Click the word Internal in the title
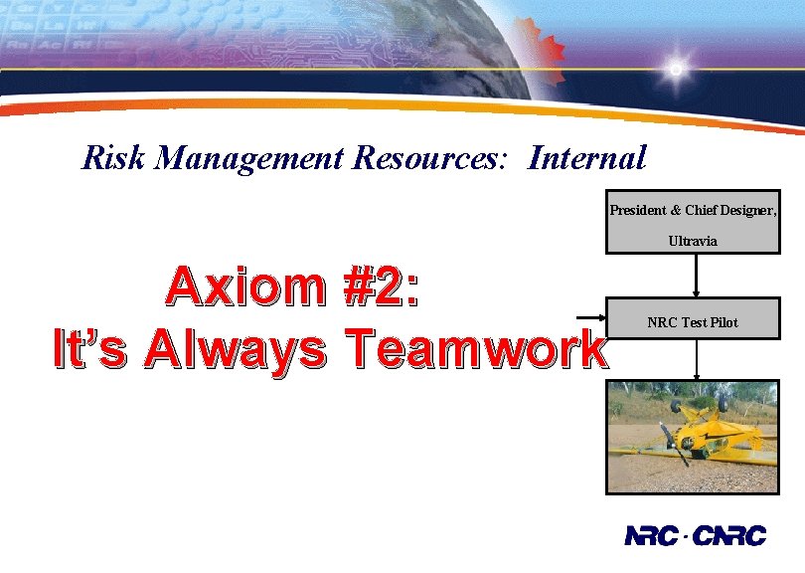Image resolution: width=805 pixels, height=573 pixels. coord(587,157)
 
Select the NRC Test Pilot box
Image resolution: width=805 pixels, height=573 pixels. coord(693,322)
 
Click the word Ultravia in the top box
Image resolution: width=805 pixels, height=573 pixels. coord(693,241)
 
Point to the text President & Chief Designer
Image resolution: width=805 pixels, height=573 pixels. coord(693,210)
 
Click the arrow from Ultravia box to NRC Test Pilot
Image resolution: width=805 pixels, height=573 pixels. coord(698,276)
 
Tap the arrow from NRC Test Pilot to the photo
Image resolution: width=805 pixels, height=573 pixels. coord(698,363)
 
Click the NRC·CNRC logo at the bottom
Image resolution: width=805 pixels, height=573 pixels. coord(696,536)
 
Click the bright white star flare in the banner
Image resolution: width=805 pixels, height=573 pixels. coord(676,70)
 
